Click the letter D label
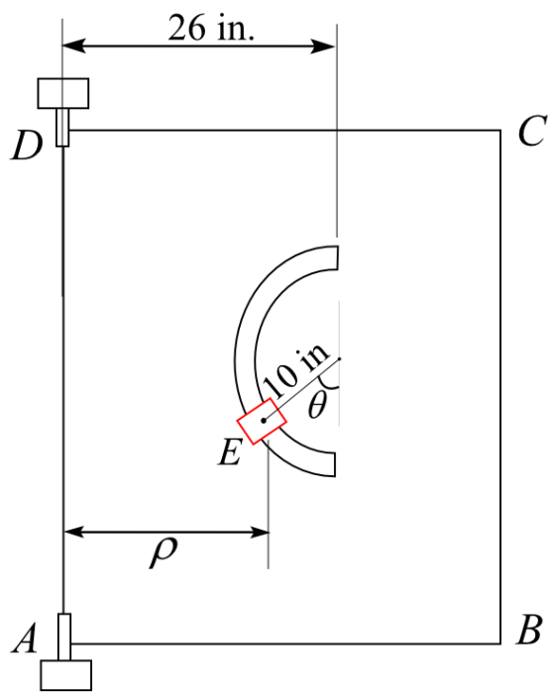coord(27,147)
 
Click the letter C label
coord(531,131)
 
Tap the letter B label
coord(529,630)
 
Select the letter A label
coord(26,639)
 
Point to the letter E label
coord(230,451)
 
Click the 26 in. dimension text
coord(211,28)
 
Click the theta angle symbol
coord(317,406)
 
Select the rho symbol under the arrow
coord(164,551)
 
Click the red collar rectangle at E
coord(262,422)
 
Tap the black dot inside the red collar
coord(264,421)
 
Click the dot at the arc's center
coord(339,358)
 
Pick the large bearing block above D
coord(63,93)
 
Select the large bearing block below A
coord(66,675)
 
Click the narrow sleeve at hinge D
coord(62,127)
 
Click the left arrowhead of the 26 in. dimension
coord(74,46)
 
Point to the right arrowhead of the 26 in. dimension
coord(323,46)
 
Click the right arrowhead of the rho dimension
coord(260,532)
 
